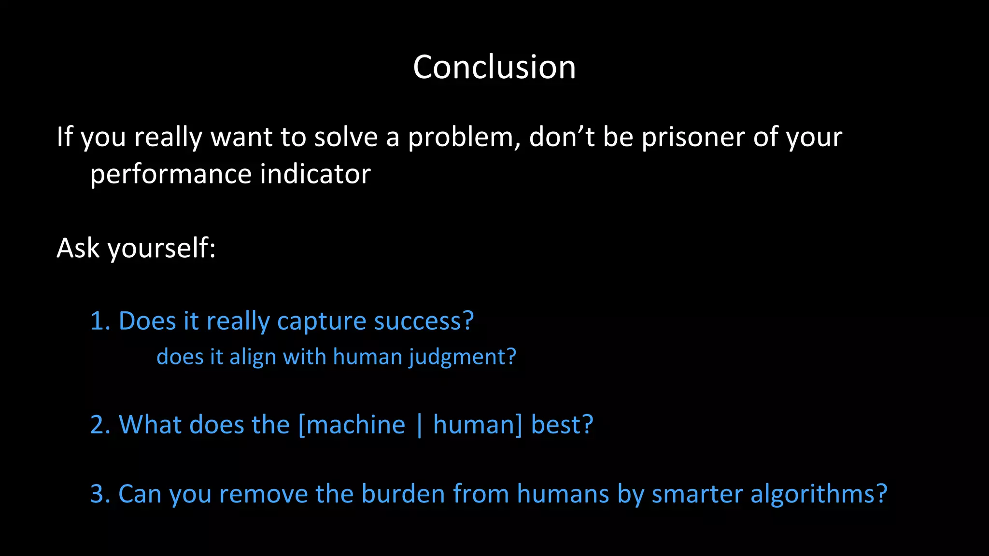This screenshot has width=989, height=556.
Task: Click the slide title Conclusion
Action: coord(494,67)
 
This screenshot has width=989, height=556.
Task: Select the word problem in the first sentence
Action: coord(463,138)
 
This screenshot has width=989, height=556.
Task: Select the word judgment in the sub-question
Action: coord(462,358)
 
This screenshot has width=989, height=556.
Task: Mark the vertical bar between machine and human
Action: coord(419,425)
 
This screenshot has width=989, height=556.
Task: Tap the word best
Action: coord(561,425)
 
